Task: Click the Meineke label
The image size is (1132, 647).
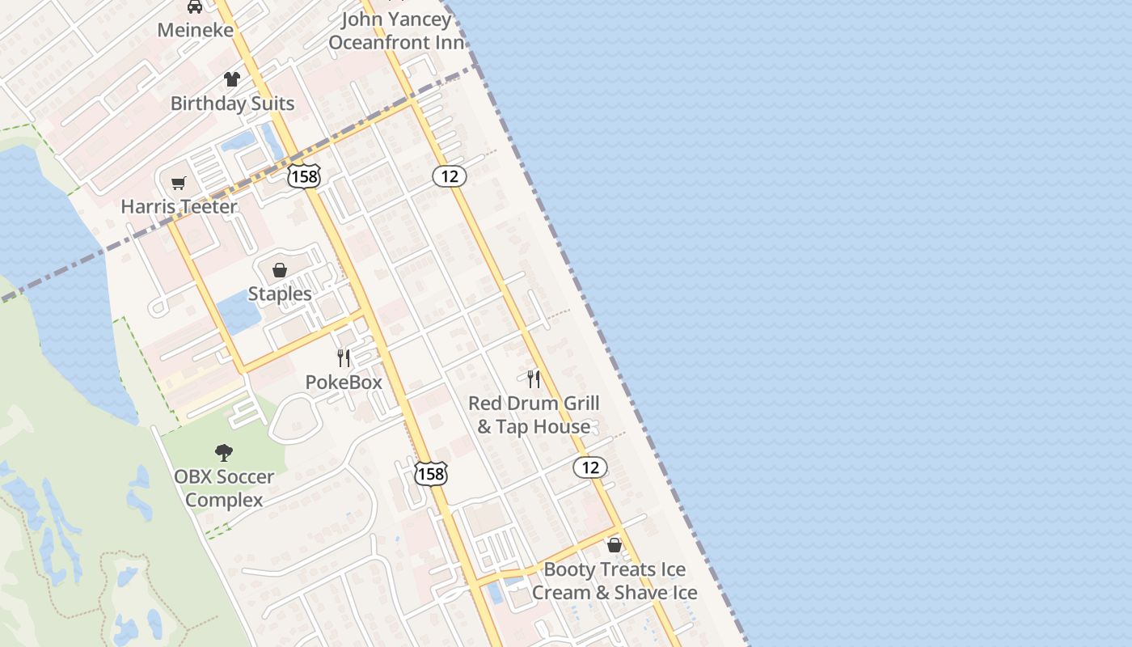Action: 195,30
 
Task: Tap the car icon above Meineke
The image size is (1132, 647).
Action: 195,7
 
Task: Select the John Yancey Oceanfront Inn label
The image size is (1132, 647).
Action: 396,31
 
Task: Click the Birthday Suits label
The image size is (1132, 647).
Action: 232,104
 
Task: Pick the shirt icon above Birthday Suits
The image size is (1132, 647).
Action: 232,79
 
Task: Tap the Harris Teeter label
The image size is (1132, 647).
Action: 179,206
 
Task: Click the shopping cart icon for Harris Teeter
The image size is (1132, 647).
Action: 179,183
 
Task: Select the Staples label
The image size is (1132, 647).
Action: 280,294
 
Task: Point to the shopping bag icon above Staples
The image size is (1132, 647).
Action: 280,270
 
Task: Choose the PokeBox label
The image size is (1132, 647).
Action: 344,382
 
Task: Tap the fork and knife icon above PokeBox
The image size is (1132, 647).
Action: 344,357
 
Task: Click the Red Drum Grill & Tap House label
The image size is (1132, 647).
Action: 534,415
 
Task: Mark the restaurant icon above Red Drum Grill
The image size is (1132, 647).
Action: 534,378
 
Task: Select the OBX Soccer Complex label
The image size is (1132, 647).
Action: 224,488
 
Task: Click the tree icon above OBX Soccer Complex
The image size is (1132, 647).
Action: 224,453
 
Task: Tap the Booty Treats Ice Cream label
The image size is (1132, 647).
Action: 615,581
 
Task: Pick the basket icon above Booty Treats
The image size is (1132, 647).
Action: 615,545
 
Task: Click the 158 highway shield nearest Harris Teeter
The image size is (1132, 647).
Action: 304,175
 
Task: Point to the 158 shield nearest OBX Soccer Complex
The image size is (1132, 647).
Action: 431,474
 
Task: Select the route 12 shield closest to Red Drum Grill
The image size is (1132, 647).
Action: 590,467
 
